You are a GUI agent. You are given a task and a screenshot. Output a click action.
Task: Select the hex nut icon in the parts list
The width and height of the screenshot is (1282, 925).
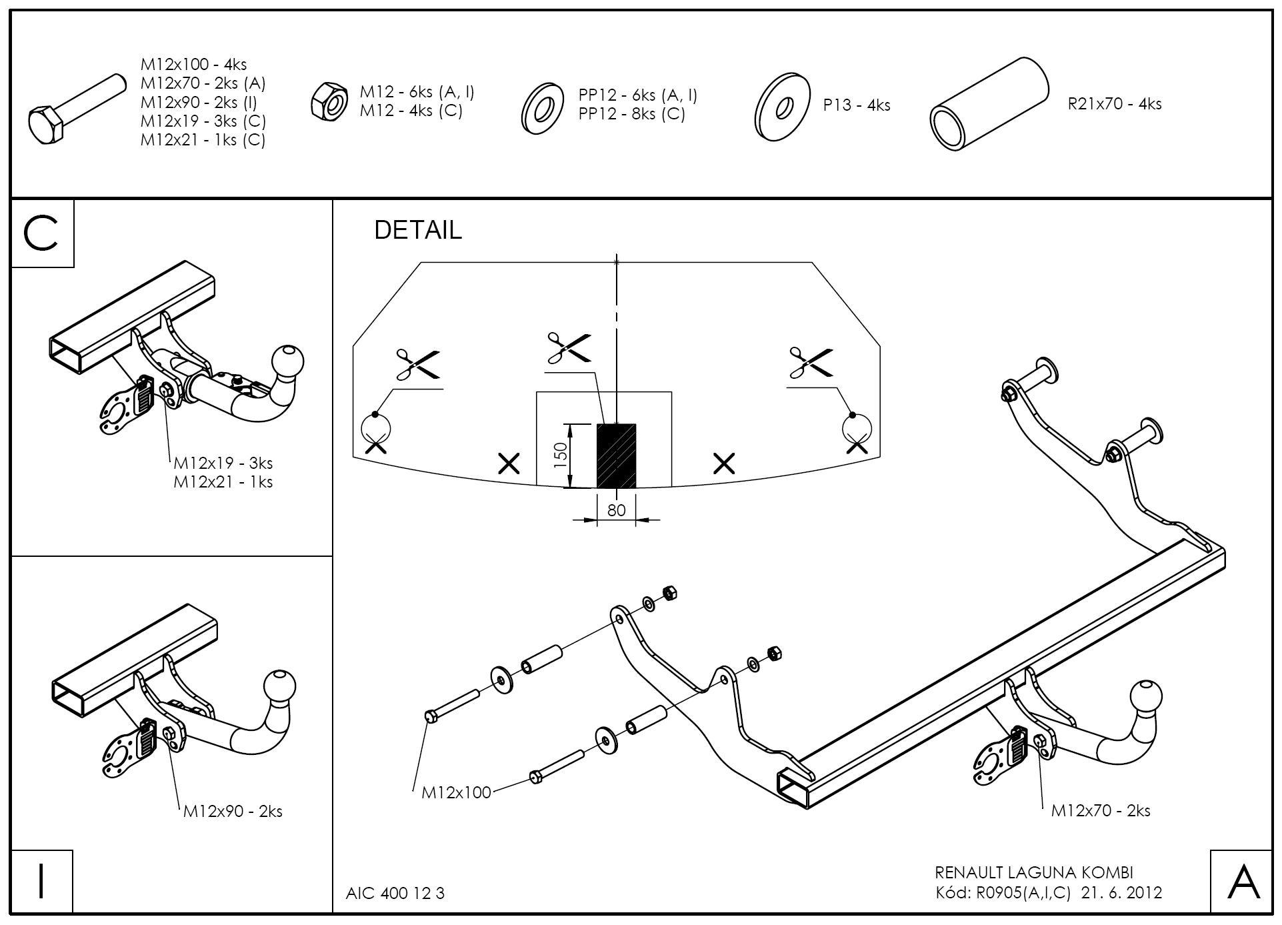tap(329, 101)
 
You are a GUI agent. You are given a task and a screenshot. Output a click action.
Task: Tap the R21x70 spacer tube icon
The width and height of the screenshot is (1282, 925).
tap(988, 104)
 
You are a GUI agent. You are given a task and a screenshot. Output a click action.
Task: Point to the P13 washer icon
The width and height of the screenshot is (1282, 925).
tap(782, 107)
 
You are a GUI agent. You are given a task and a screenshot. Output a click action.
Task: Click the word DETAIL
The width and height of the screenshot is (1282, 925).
tap(417, 230)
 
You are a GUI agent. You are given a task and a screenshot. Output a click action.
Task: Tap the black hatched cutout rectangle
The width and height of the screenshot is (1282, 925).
tap(616, 455)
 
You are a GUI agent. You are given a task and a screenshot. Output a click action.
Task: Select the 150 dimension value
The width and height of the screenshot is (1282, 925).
tap(561, 455)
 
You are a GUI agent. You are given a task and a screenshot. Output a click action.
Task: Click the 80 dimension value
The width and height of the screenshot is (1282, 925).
tap(617, 510)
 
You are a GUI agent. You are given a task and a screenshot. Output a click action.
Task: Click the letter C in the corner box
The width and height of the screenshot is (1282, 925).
tap(41, 233)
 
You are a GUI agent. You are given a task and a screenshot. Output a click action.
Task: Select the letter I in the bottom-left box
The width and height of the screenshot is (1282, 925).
tap(41, 881)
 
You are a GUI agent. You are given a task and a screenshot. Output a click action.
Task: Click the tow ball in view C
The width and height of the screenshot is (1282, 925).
tap(287, 361)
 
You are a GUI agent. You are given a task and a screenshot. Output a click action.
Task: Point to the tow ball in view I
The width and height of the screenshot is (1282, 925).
tap(279, 688)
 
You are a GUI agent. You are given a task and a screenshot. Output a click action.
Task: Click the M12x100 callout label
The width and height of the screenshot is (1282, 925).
tap(456, 792)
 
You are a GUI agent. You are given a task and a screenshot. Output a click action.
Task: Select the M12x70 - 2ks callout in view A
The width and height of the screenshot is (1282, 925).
tap(1100, 810)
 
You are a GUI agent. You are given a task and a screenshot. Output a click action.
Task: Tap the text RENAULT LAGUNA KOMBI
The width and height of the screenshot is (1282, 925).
tap(1034, 872)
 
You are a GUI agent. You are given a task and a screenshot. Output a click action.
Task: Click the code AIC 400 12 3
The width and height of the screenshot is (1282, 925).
tap(395, 893)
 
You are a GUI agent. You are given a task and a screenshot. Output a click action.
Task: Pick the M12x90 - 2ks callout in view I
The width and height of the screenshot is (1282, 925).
tap(233, 811)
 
